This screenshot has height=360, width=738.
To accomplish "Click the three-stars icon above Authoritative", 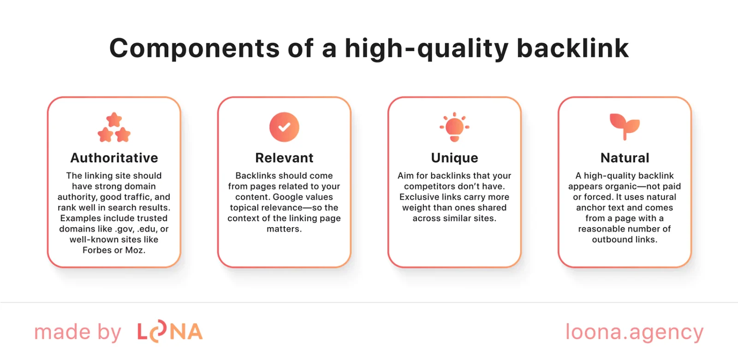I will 114,128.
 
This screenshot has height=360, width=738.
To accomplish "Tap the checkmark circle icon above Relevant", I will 284,127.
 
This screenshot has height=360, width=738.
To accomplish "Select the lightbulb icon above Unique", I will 454,127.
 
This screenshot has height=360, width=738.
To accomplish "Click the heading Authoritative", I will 114,158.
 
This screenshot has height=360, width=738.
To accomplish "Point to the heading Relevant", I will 284,158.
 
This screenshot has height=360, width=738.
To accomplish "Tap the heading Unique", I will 454,158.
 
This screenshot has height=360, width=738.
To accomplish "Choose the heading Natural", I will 625,158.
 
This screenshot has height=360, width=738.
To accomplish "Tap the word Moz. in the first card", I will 135,250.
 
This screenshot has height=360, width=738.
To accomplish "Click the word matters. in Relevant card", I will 284,229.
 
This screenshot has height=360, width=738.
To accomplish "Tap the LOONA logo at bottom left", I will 170,332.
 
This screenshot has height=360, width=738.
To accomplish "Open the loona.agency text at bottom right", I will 634,332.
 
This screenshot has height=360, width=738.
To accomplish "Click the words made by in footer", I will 77,332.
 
